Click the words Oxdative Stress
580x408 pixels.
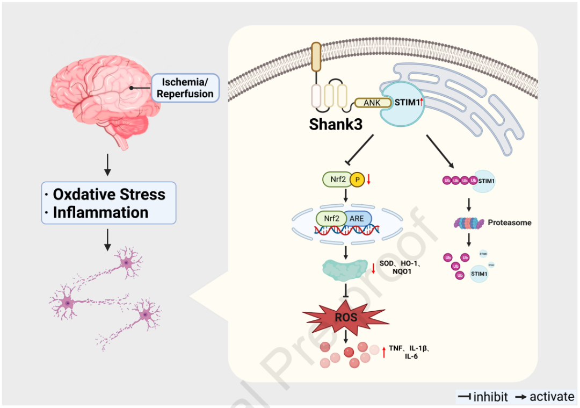(109, 194)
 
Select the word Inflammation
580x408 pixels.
(100, 212)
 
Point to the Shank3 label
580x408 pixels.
(336, 124)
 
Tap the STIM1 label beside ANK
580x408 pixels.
(406, 103)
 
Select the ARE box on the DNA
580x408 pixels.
(356, 219)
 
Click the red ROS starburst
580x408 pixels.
(346, 317)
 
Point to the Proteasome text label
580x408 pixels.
(510, 222)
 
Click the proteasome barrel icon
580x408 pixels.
(468, 222)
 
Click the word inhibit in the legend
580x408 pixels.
(490, 397)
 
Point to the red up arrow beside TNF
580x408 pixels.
(384, 352)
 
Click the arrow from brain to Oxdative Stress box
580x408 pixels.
(107, 165)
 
